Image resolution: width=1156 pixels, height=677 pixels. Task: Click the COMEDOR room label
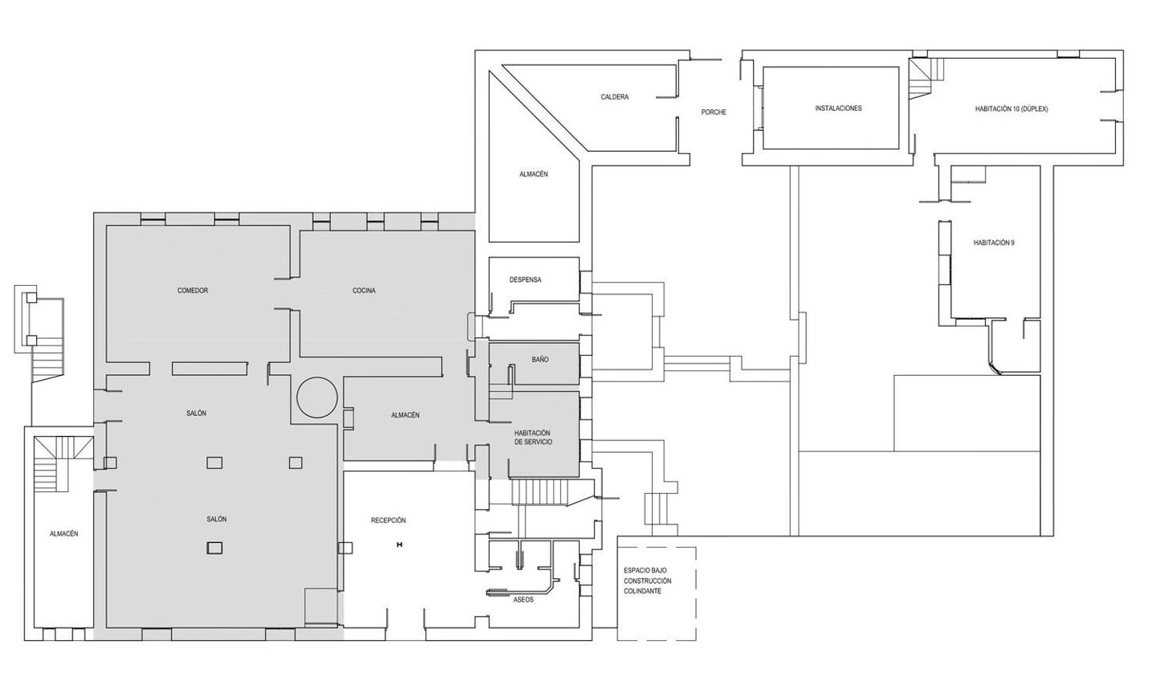193,291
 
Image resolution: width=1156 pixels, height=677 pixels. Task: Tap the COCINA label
364,291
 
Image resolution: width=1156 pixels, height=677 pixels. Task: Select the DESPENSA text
525,280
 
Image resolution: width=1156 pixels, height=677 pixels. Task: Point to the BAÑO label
539,360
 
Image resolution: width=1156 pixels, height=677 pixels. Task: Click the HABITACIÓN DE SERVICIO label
532,438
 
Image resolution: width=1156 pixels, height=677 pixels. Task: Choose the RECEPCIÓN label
388,520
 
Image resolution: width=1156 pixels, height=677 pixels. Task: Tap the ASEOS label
523,600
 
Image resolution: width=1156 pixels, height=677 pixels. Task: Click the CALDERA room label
615,97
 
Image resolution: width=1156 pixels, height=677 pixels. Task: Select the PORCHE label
714,112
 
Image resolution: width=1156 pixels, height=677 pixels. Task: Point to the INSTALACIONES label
839,108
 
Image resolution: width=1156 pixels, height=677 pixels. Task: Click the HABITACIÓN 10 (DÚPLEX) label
1011,109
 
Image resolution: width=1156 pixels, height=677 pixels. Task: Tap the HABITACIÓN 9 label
994,243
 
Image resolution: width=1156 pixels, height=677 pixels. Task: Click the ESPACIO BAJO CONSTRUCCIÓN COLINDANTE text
648,581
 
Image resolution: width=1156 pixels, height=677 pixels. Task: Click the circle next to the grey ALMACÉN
317,398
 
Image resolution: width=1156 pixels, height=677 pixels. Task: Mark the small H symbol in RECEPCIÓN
399,544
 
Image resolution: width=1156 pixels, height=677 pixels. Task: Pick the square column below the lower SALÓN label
214,548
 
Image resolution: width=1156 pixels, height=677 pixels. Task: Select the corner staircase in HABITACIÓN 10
926,76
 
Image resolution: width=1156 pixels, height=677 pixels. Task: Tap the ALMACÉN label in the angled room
534,174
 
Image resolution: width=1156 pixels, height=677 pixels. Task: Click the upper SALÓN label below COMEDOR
196,414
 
